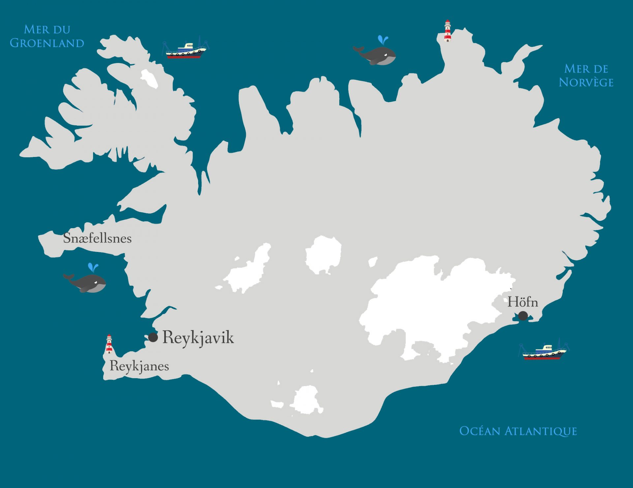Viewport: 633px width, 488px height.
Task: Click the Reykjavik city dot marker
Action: [x=153, y=337]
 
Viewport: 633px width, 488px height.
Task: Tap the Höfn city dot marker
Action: [x=523, y=316]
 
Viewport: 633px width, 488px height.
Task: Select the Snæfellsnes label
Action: [x=97, y=238]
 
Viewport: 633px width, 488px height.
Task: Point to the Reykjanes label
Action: [x=139, y=366]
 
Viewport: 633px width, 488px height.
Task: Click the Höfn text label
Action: [x=523, y=302]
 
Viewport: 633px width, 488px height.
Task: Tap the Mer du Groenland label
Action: [x=47, y=36]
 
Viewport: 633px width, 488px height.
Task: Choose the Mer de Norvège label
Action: [x=586, y=76]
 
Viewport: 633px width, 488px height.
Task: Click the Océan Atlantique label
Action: [x=518, y=431]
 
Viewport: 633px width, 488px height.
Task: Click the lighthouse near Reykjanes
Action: [x=109, y=344]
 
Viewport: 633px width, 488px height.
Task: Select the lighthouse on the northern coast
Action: [x=447, y=31]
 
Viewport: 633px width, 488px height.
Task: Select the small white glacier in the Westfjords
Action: [x=149, y=78]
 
